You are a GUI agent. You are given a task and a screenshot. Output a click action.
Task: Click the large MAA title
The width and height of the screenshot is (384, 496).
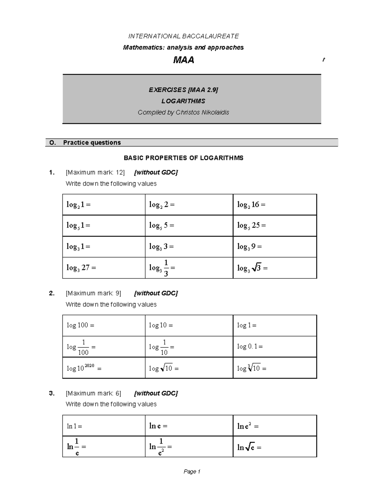183,60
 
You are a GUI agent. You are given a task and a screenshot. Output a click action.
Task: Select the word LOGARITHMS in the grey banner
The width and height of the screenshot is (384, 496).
183,101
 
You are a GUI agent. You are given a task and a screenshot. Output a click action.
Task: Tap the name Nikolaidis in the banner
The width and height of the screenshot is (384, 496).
215,112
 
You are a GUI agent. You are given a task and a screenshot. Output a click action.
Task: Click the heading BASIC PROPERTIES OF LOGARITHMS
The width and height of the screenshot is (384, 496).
183,158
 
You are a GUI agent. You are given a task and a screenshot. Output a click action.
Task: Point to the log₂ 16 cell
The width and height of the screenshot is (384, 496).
275,204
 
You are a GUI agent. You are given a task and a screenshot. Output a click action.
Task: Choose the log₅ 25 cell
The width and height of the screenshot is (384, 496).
275,225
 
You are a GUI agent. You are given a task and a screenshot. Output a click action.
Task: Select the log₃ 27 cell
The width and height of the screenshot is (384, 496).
104,268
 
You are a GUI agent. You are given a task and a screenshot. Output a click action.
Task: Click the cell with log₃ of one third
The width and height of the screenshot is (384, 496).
189,268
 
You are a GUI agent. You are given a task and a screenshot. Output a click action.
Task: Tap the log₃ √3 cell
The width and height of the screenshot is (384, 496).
275,268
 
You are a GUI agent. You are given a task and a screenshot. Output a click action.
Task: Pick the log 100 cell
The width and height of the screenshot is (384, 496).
104,325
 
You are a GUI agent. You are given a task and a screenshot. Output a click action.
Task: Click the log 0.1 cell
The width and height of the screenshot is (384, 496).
275,347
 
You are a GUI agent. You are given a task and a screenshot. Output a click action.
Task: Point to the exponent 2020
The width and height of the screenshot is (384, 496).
89,365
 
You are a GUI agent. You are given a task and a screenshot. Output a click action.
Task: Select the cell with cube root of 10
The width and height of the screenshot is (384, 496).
275,368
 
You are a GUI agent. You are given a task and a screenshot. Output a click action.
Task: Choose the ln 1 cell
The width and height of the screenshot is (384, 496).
104,426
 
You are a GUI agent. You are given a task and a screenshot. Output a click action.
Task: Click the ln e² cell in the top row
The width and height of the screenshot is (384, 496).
275,426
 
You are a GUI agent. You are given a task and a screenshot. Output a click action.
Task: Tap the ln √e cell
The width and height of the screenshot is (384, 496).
275,447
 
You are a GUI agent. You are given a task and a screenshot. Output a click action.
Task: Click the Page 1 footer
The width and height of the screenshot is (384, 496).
192,471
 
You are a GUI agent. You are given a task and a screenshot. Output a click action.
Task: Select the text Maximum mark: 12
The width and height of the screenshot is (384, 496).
95,172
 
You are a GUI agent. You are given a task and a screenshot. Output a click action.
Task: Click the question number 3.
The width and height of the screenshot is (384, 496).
52,393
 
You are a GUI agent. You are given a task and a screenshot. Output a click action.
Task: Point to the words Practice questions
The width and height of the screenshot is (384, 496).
92,142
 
